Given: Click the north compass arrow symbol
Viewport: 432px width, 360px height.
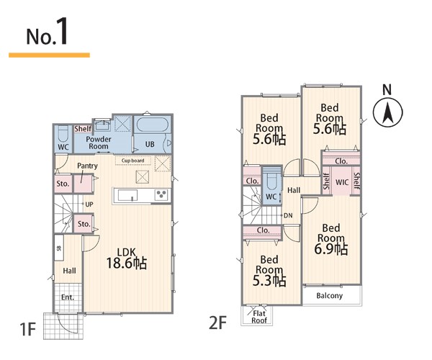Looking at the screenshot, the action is (387, 112).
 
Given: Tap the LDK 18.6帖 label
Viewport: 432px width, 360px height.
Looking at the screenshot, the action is (127, 258).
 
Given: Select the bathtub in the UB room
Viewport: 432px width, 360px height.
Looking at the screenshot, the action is (152, 125).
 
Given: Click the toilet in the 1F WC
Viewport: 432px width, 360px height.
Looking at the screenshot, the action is (63, 134).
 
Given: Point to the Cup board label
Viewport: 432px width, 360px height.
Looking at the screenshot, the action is (132, 161).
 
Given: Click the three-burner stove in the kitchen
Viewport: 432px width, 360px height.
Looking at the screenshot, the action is (161, 194).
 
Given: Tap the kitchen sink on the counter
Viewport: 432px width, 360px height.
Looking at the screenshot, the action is (128, 195).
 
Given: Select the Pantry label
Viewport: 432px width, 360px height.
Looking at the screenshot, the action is (87, 166).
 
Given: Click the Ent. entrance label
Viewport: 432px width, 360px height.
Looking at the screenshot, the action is (68, 297).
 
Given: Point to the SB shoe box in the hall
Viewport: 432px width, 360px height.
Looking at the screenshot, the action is (59, 248).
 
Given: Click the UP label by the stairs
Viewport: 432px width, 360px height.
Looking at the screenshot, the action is (89, 204).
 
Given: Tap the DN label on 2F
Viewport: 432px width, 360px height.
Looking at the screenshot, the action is (288, 215).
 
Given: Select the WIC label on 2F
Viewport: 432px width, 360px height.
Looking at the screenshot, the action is (342, 182).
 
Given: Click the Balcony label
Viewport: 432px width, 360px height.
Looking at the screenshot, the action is (330, 295).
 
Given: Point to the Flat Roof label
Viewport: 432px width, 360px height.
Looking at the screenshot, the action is (259, 317).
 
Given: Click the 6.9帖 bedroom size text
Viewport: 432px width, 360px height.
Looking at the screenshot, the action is (331, 248).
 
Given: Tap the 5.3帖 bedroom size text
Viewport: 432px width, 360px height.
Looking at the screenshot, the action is (269, 281).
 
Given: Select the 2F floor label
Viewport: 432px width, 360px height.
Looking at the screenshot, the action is (217, 323).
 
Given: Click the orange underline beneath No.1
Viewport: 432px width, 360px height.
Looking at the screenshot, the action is (49, 55).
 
